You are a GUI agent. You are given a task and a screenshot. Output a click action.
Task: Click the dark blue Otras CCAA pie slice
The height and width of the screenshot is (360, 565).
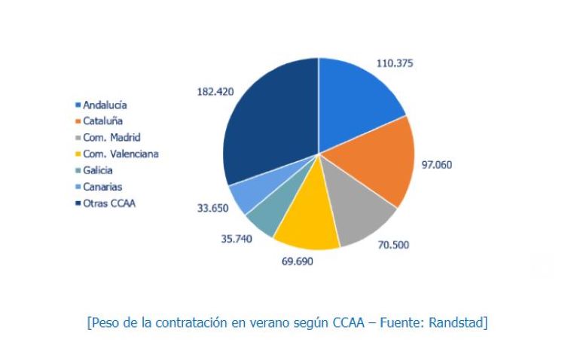(267, 121)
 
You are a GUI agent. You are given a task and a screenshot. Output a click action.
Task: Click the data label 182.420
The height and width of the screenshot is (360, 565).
(215, 91)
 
